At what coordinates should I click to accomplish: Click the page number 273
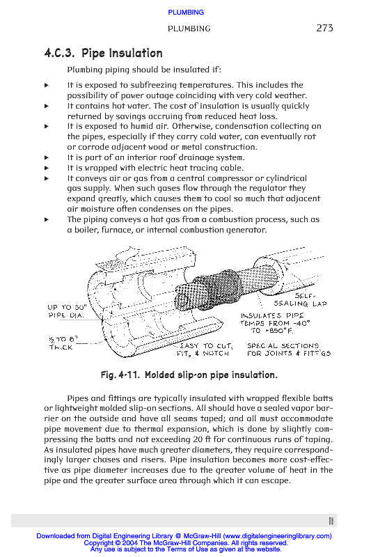[x=324, y=28]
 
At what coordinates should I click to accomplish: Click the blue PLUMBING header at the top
[x=186, y=13]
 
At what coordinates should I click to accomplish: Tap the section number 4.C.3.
[x=59, y=54]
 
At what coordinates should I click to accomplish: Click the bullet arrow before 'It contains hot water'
[x=47, y=106]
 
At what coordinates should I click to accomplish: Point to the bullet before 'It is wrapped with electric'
[x=47, y=168]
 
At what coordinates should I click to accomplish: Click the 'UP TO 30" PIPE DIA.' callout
[x=67, y=311]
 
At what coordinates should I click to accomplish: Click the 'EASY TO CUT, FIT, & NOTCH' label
[x=205, y=350]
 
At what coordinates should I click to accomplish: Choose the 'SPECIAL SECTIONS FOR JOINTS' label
[x=289, y=350]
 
